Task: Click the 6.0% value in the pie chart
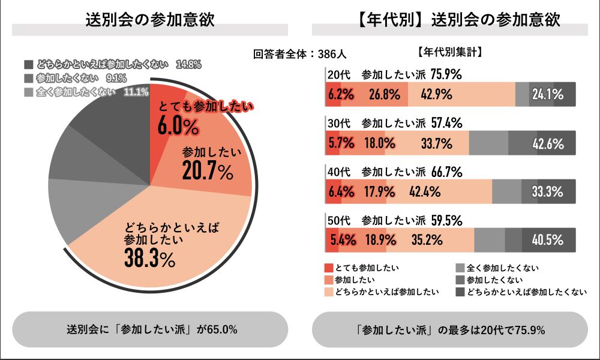[178, 126]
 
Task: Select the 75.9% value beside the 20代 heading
[446, 75]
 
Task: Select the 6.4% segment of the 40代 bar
[340, 192]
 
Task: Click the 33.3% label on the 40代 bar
[547, 192]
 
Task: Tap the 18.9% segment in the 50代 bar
[380, 241]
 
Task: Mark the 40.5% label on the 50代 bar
[547, 241]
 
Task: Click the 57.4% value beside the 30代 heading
[446, 124]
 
